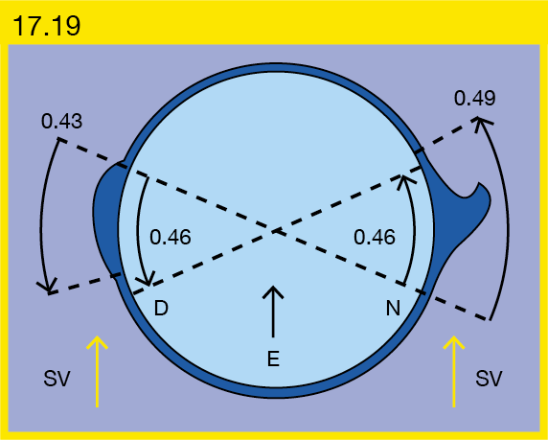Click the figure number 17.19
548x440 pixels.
47,26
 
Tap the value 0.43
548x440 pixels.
62,122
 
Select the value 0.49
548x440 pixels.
474,98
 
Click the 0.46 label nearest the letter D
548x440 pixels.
171,237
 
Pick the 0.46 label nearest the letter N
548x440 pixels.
375,237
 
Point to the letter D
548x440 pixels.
161,308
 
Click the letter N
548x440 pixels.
393,308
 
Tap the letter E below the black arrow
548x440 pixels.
273,359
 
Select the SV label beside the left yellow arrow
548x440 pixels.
57,379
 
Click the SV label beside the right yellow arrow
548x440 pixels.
489,379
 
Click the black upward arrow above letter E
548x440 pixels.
273,312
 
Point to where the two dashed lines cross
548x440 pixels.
276,231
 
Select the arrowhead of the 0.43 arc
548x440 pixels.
49,288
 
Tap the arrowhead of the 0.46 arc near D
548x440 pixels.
148,281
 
